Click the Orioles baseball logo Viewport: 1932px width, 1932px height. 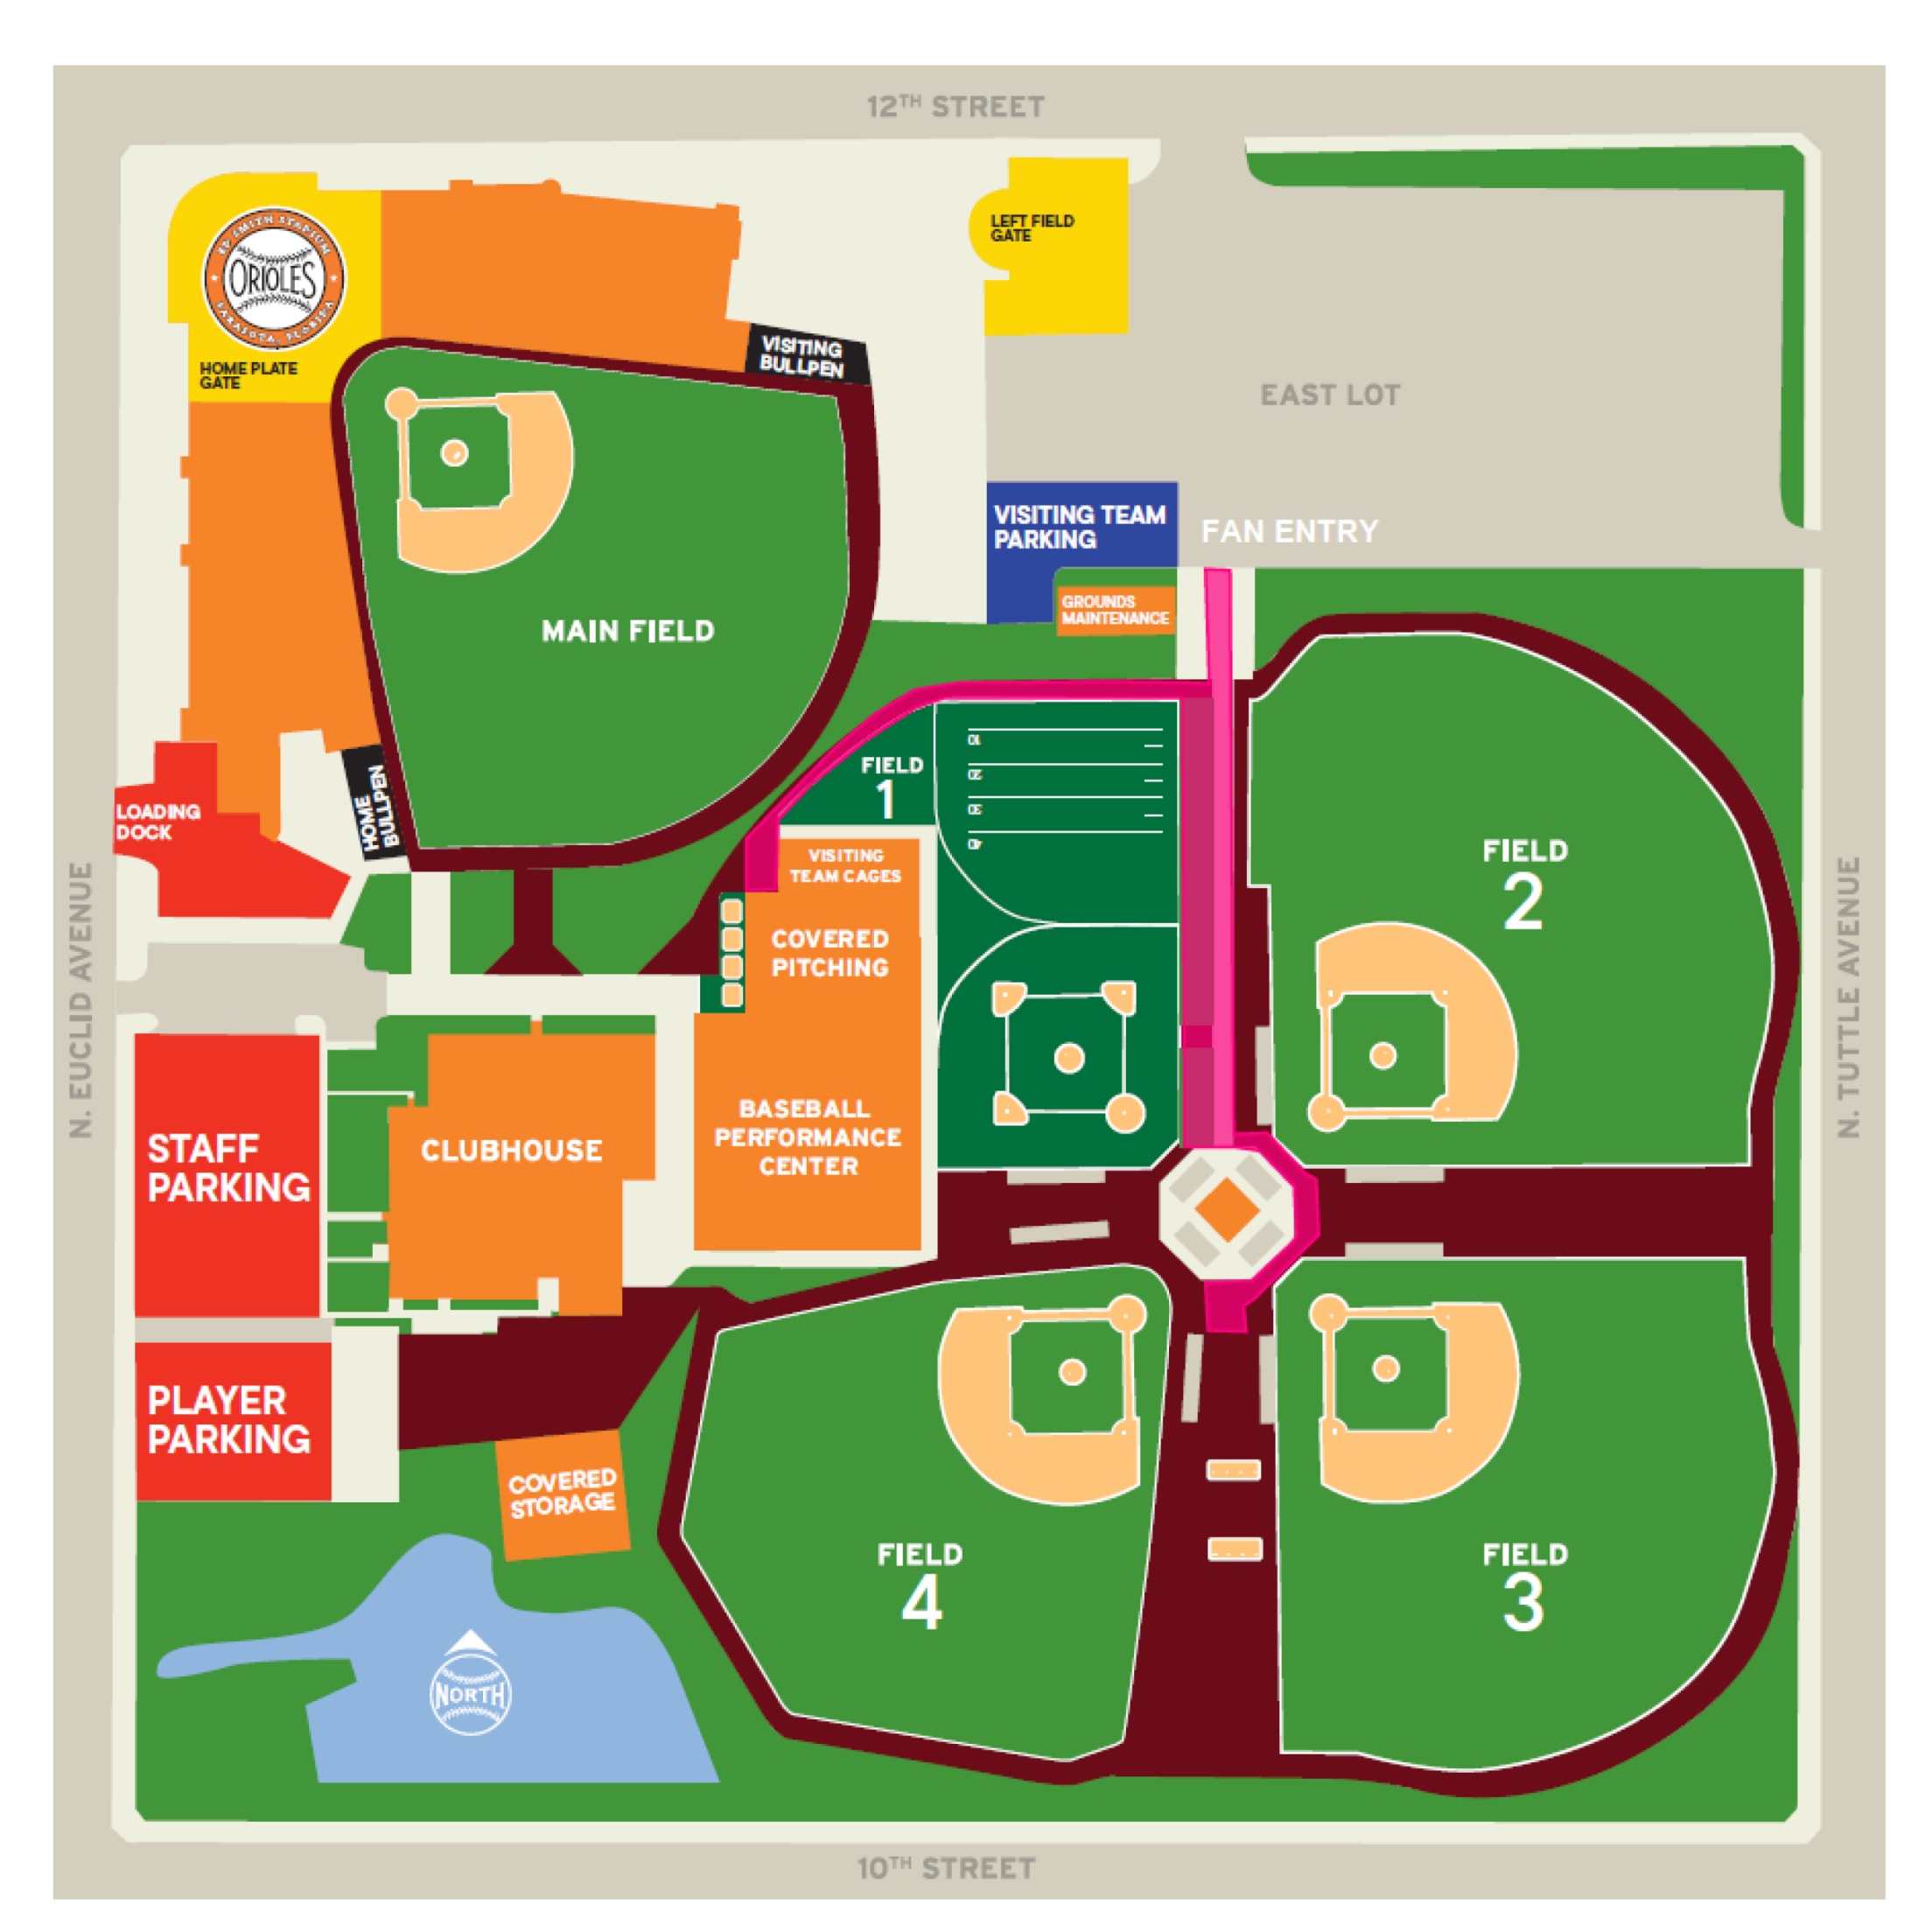(x=273, y=279)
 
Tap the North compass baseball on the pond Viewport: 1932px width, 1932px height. (x=470, y=1694)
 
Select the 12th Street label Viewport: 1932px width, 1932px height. (x=955, y=106)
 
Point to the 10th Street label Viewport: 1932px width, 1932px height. (x=945, y=1868)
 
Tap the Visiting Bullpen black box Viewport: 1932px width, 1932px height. (x=803, y=357)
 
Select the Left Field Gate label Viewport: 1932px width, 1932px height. (x=1031, y=228)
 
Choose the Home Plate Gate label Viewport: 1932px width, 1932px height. (x=247, y=375)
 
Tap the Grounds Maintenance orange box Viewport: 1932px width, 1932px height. (x=1114, y=610)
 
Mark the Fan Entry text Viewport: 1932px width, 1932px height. (x=1289, y=531)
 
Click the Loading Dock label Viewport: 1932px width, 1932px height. (x=158, y=822)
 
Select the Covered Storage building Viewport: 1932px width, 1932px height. (x=563, y=1493)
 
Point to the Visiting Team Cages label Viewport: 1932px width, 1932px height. (x=845, y=866)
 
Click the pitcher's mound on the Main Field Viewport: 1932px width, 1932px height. (x=454, y=453)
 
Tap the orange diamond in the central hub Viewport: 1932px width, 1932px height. (x=1227, y=1209)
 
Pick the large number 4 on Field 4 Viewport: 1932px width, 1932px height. (x=921, y=1603)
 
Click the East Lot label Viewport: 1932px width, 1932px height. (x=1329, y=395)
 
